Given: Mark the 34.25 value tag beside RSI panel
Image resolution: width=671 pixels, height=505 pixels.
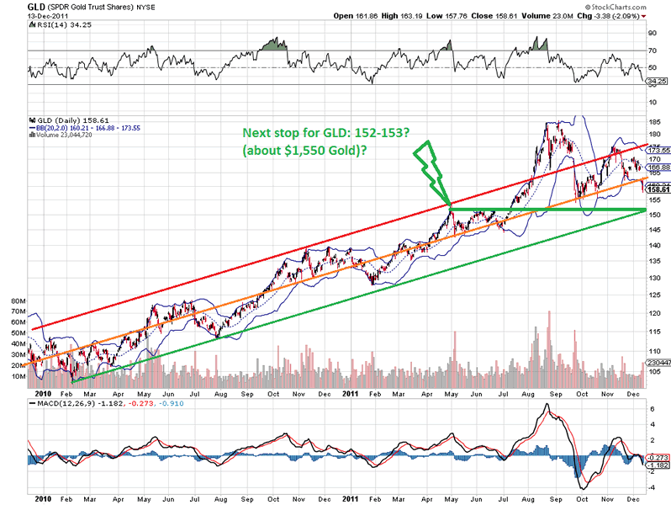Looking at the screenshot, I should coord(656,82).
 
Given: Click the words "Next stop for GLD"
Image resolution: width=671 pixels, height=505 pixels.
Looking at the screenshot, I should coord(295,133).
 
